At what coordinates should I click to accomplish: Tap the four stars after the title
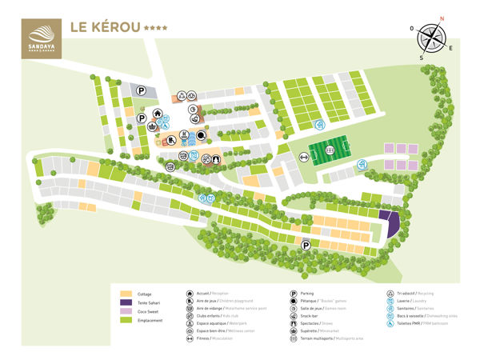(155, 27)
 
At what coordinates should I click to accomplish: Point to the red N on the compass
(442, 17)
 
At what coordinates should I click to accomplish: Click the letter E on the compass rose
(450, 48)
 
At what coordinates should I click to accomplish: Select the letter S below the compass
(421, 58)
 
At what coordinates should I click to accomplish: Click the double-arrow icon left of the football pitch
(304, 158)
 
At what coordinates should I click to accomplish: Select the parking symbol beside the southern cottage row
(306, 246)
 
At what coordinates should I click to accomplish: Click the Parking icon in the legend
(294, 294)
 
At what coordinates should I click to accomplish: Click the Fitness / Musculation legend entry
(210, 338)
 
